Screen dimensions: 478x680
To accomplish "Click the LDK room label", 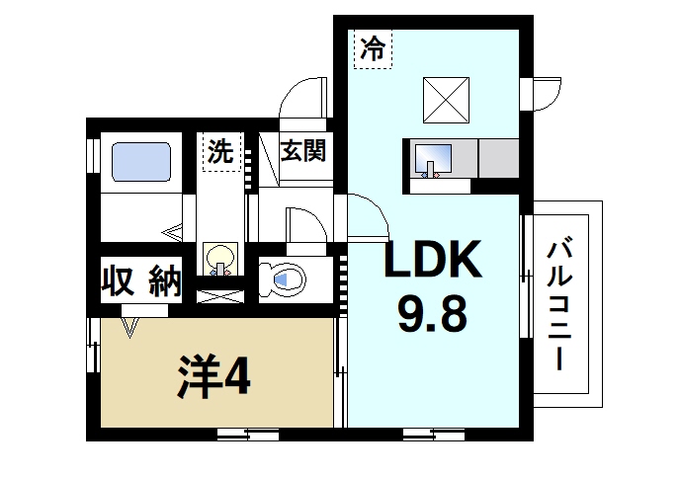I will coord(432,263).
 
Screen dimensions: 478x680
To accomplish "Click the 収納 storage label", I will coord(142,281).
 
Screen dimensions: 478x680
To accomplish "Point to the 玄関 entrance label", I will coord(302,152).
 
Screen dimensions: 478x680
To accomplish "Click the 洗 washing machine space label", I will coord(221,151).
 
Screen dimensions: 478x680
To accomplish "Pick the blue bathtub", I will coord(140,161).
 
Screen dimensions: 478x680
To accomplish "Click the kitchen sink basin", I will coord(433,159).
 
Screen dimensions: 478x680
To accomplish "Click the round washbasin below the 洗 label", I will coord(219,258).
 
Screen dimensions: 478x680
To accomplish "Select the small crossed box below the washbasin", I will coord(219,295).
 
